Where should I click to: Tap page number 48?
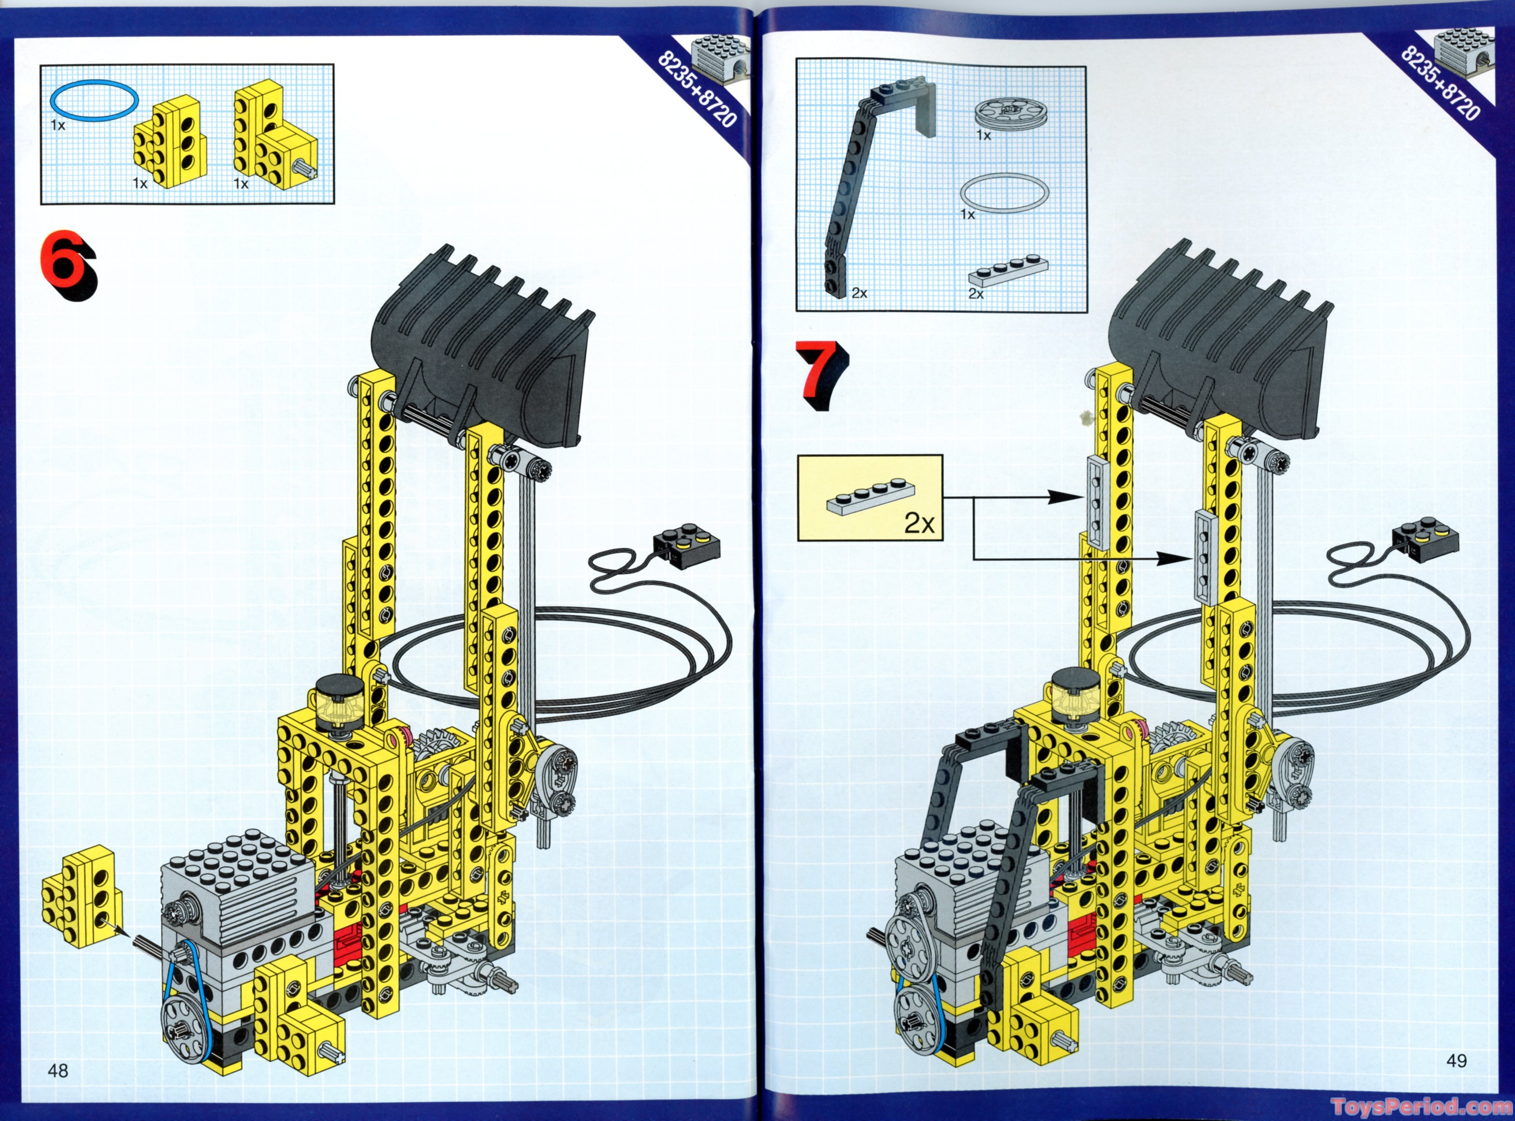click(x=58, y=1071)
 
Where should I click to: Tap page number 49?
click(x=1456, y=1061)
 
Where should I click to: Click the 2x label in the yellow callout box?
click(x=919, y=523)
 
